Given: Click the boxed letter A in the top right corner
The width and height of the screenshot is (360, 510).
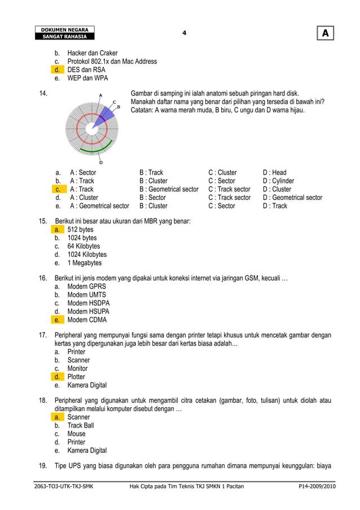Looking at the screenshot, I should click(325, 34).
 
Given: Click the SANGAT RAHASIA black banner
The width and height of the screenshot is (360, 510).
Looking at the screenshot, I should click(64, 37).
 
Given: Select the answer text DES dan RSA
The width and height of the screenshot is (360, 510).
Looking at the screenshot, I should click(86, 70).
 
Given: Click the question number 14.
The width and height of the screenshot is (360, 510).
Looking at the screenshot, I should click(43, 93).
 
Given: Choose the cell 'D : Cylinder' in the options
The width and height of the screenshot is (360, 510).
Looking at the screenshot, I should click(278, 181).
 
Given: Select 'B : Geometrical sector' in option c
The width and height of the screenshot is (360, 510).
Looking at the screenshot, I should click(169, 189).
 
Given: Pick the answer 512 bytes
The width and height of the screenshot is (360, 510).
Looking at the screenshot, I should click(81, 230).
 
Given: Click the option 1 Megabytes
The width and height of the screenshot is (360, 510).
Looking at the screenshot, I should click(85, 263).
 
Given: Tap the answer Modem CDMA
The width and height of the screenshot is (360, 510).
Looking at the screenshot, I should click(87, 320).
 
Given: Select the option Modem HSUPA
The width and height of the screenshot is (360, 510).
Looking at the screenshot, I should click(89, 311).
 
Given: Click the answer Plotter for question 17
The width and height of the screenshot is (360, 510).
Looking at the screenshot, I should click(76, 377).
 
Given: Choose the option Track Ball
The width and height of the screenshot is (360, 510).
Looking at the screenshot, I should click(81, 425).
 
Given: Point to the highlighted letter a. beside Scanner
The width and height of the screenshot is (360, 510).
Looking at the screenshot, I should click(57, 417).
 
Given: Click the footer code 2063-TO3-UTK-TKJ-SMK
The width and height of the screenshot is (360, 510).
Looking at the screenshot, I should click(63, 486).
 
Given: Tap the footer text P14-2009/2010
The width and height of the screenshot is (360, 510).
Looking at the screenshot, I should click(317, 486).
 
